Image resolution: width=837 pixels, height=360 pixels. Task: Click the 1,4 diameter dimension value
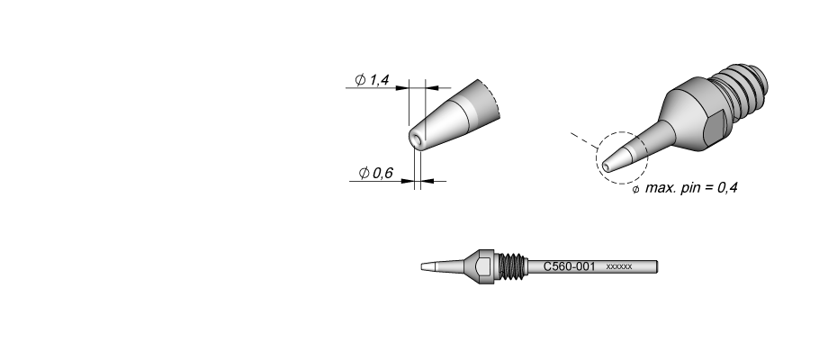[379, 80]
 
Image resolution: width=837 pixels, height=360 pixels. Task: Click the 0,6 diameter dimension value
[382, 173]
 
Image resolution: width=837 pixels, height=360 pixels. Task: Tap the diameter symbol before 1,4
[360, 80]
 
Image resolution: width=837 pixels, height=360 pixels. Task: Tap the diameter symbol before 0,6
[364, 173]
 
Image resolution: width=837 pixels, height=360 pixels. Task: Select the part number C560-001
[569, 266]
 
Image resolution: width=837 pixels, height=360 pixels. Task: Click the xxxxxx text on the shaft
[619, 266]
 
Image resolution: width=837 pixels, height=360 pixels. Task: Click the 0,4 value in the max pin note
[727, 187]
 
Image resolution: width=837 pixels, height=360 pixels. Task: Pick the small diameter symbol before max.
[635, 190]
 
